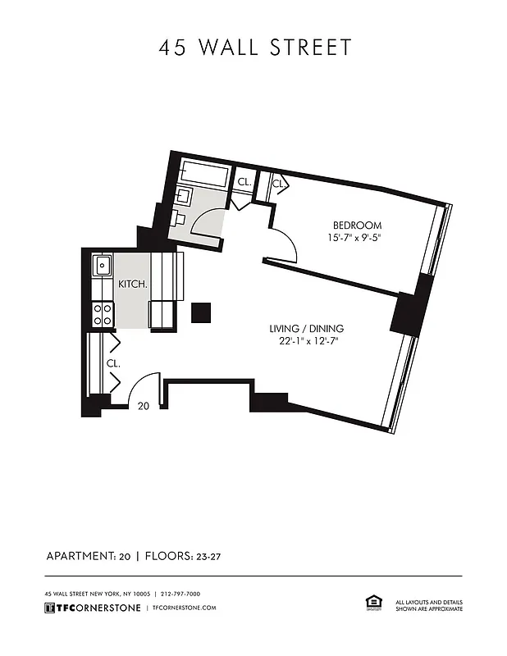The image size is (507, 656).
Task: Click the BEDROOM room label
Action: point(356,225)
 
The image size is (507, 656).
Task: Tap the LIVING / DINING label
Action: point(317,329)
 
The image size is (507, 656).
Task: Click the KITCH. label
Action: point(132,285)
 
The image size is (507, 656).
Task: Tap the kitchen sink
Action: point(103,266)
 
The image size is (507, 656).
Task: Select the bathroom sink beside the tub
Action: point(184,196)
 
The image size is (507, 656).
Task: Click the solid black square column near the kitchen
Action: point(201,312)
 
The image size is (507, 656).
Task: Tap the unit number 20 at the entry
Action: point(143,405)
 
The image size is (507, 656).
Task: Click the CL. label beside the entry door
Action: point(112,362)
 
